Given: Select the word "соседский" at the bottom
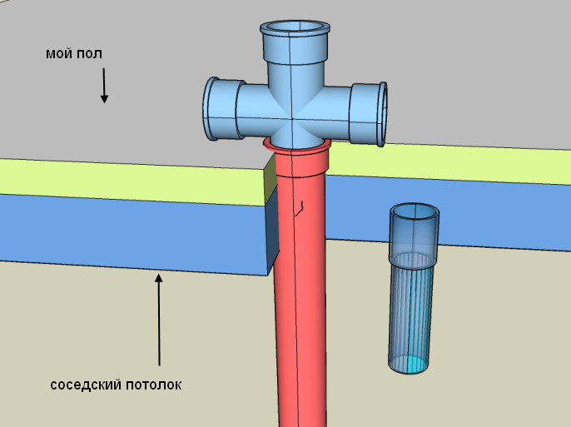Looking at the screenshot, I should pos(85,385).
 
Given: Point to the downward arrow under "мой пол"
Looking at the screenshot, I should pos(104,85).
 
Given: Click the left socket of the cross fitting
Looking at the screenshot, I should pos(218,110).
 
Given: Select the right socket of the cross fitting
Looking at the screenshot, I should pos(370,113).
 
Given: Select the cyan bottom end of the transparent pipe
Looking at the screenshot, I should pos(410,364).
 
